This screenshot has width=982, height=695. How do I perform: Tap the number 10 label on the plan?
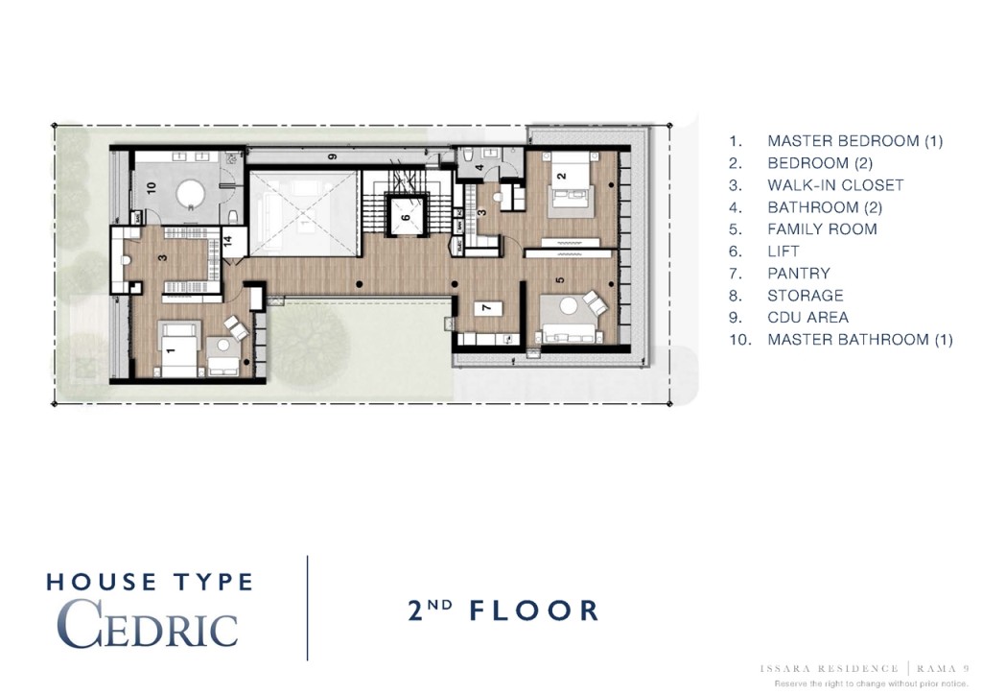pos(151,187)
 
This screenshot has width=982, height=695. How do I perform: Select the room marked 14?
pos(227,242)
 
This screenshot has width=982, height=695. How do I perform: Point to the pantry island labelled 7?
pos(486,308)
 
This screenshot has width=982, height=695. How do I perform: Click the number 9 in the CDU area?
pos(332,156)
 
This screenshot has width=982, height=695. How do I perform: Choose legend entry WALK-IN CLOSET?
pos(834,185)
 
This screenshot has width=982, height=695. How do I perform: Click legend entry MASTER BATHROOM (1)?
pos(859,340)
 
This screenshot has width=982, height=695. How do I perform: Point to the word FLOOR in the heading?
pos(534,611)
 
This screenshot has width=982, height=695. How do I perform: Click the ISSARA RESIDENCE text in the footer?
pos(828,668)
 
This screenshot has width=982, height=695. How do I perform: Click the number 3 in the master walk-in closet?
pos(163,257)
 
